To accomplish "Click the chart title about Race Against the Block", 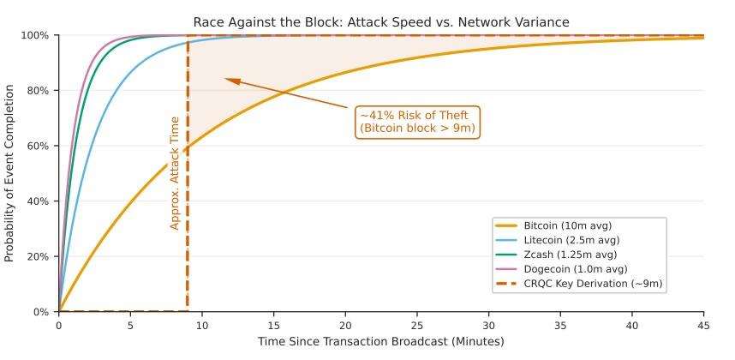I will click(x=380, y=21).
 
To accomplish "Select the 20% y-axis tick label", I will click(x=39, y=257).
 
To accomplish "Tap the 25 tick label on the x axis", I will click(x=416, y=326).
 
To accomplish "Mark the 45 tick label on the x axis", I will click(x=703, y=326).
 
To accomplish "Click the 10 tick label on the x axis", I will click(x=201, y=326).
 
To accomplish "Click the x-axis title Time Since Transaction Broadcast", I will click(x=380, y=342).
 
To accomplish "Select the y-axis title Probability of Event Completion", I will click(x=10, y=174).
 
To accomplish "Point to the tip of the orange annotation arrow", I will click(x=226, y=79).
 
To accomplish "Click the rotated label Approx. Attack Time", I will click(x=175, y=173).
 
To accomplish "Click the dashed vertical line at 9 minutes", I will click(x=188, y=214).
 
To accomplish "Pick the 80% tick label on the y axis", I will click(x=39, y=91).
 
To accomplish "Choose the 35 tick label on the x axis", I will click(x=560, y=326).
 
